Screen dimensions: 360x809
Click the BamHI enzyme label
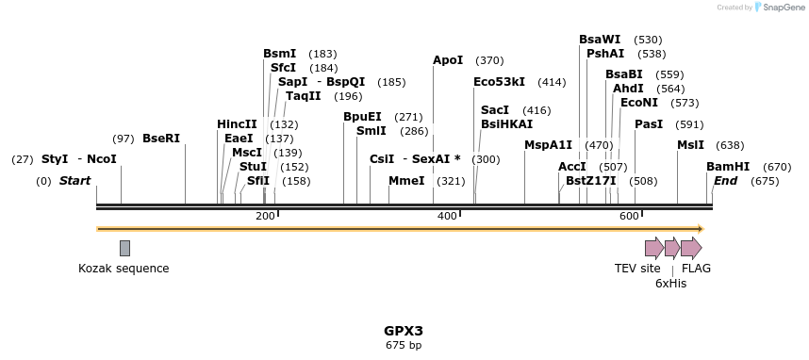tap(728, 166)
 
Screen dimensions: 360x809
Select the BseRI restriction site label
tap(161, 139)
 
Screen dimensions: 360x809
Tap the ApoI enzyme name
tap(448, 60)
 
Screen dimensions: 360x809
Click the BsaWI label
tap(600, 40)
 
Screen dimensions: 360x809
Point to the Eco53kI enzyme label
tap(499, 82)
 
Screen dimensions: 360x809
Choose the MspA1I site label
tap(549, 145)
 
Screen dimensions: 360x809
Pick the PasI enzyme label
tap(649, 124)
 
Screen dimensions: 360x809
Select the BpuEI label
tap(362, 117)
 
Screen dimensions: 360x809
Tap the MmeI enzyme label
tap(406, 181)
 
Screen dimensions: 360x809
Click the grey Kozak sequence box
tap(124, 248)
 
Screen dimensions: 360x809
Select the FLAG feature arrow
tap(691, 248)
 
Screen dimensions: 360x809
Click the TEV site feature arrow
tap(653, 248)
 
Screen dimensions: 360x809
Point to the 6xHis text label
tap(670, 283)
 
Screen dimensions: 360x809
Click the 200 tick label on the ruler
tap(265, 217)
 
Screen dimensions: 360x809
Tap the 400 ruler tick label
tap(447, 217)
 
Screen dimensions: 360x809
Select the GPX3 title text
tap(404, 331)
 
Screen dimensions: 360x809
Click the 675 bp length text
tap(404, 346)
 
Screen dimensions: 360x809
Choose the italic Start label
tap(75, 181)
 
